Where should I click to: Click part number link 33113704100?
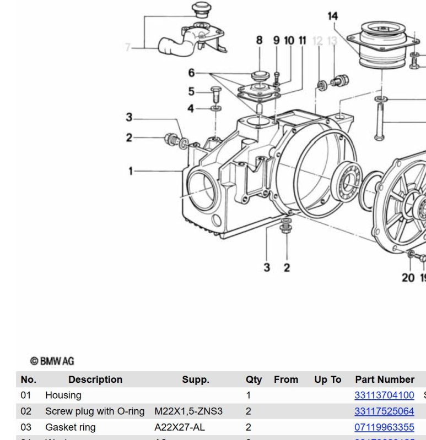pyautogui.click(x=384, y=395)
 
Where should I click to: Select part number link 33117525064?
pyautogui.click(x=384, y=411)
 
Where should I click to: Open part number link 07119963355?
pyautogui.click(x=384, y=427)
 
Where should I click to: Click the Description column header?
pyautogui.click(x=95, y=380)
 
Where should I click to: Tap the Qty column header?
pyautogui.click(x=254, y=380)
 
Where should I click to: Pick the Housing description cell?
pyautogui.click(x=63, y=395)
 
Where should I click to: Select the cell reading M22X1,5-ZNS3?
pyautogui.click(x=188, y=411)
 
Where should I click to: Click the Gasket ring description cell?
pyautogui.click(x=70, y=427)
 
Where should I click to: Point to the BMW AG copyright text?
pyautogui.click(x=52, y=361)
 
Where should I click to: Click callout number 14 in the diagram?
pyautogui.click(x=332, y=16)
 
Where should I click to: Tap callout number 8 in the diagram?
pyautogui.click(x=259, y=40)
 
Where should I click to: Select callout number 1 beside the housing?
pyautogui.click(x=131, y=171)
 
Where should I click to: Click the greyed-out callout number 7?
pyautogui.click(x=128, y=48)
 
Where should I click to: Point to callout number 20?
pyautogui.click(x=408, y=277)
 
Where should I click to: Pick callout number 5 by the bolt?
pyautogui.click(x=191, y=91)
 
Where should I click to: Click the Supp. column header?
pyautogui.click(x=196, y=380)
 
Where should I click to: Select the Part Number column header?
pyautogui.click(x=384, y=380)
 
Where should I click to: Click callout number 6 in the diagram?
pyautogui.click(x=191, y=73)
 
